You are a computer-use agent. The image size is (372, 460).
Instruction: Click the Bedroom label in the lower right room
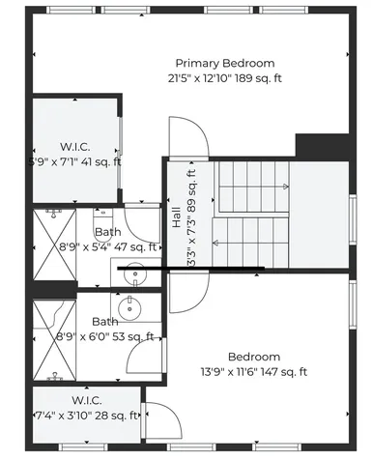coord(253,357)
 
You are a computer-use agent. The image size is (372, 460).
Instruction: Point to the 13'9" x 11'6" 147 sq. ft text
coord(253,371)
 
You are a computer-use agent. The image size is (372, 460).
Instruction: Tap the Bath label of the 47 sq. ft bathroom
coord(106,232)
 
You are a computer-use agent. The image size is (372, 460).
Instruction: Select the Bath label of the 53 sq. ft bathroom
coord(104,322)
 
